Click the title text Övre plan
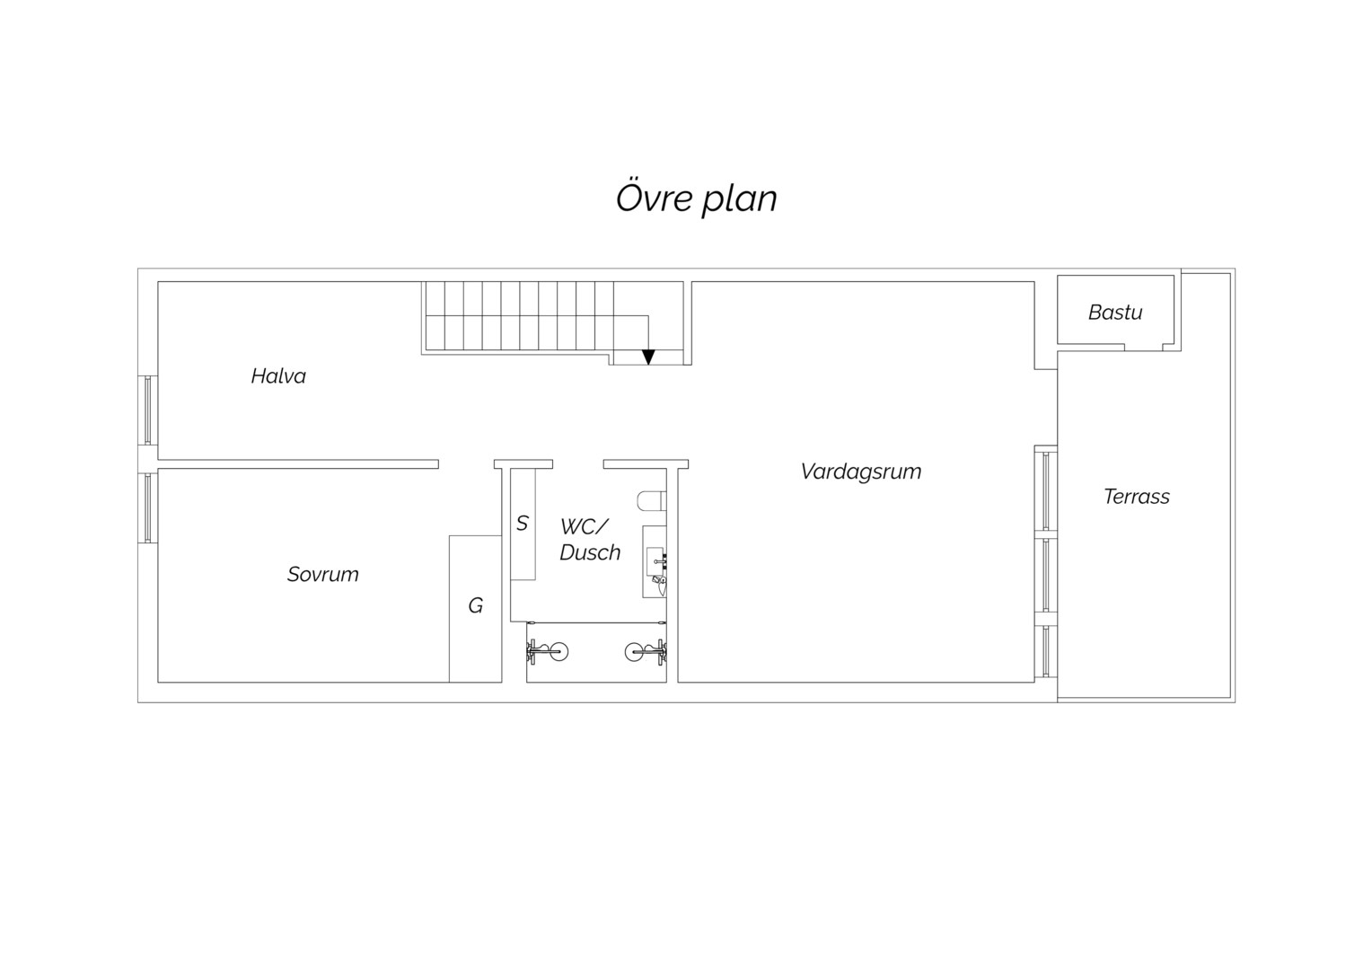697,198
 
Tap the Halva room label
278,375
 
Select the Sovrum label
322,574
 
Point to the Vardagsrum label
860,472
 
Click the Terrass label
1136,497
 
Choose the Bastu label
1115,313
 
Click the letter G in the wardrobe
475,605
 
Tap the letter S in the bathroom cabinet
522,524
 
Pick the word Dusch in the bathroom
590,552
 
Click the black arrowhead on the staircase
648,357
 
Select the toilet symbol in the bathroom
652,501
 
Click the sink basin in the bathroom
655,560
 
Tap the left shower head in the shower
547,651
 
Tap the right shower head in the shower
646,651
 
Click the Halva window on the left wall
147,410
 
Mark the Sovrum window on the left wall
147,508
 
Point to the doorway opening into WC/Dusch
578,463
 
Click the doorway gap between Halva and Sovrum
466,463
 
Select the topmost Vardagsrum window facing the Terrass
1045,490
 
